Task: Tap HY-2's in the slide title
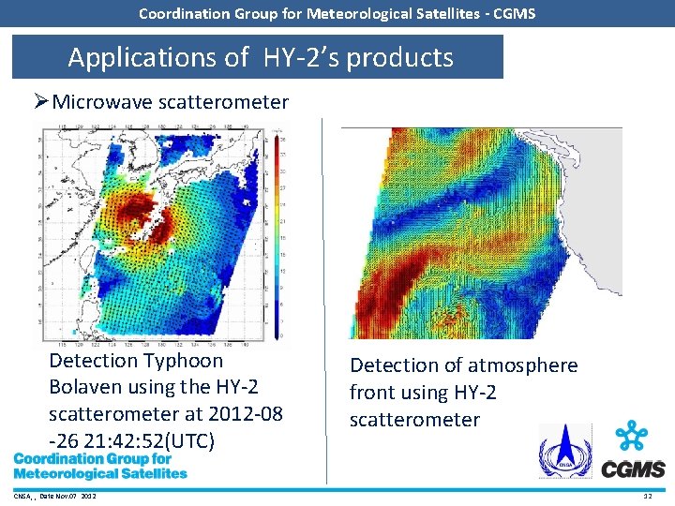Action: click(304, 58)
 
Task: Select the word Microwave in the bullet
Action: click(103, 102)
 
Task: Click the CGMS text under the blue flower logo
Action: click(633, 469)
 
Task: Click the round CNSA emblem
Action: click(564, 452)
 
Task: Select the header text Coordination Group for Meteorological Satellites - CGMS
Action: click(337, 13)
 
